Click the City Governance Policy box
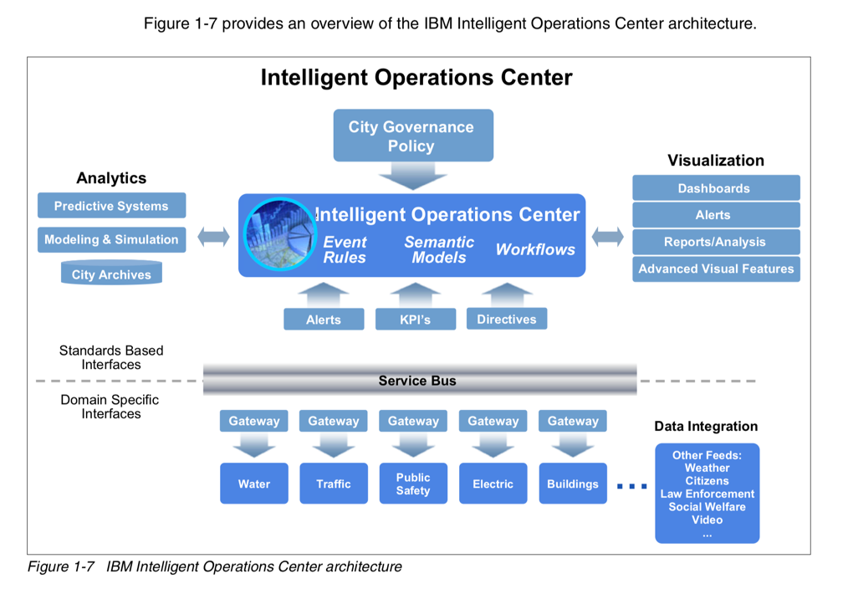[x=413, y=136]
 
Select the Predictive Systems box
[x=111, y=206]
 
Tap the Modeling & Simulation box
[x=111, y=239]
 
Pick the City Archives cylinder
[x=111, y=273]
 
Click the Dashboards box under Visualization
[x=716, y=187]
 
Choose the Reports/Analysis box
[x=716, y=242]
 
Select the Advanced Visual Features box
[x=716, y=269]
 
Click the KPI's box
[x=416, y=319]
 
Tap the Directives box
[x=507, y=319]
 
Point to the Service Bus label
[x=417, y=381]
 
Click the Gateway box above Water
[x=253, y=421]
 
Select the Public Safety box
[x=413, y=484]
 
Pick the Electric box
[x=493, y=484]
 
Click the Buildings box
[x=573, y=484]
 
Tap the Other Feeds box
[x=708, y=494]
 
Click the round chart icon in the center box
[x=279, y=235]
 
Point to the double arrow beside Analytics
[x=213, y=237]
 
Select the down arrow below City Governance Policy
[x=412, y=176]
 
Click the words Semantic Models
[x=439, y=249]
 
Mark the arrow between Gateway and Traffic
[x=334, y=444]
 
